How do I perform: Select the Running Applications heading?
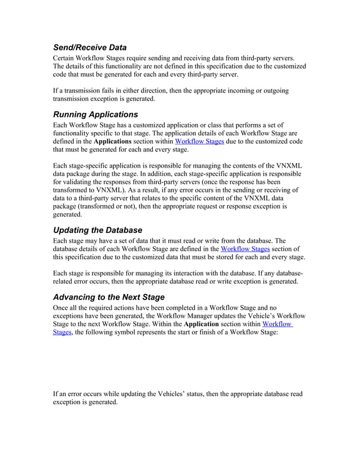(95, 115)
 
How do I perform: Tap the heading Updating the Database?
(97, 230)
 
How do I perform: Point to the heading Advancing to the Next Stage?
(108, 297)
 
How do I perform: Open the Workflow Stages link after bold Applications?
(199, 142)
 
